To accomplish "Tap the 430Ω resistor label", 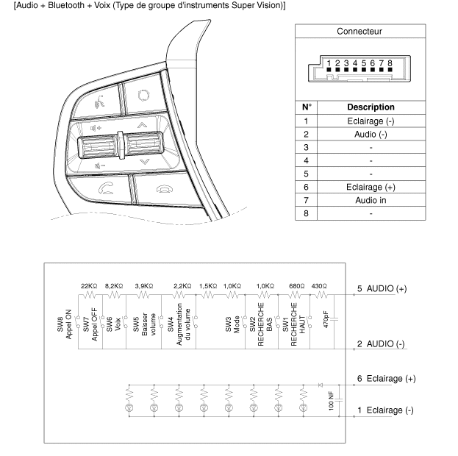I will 320,285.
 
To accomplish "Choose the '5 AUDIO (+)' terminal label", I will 382,289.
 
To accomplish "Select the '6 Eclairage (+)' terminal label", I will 386,378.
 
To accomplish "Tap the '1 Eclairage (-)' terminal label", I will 385,410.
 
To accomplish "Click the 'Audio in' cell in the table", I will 371,200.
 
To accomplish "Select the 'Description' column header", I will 371,107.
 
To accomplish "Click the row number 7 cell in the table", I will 305,200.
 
